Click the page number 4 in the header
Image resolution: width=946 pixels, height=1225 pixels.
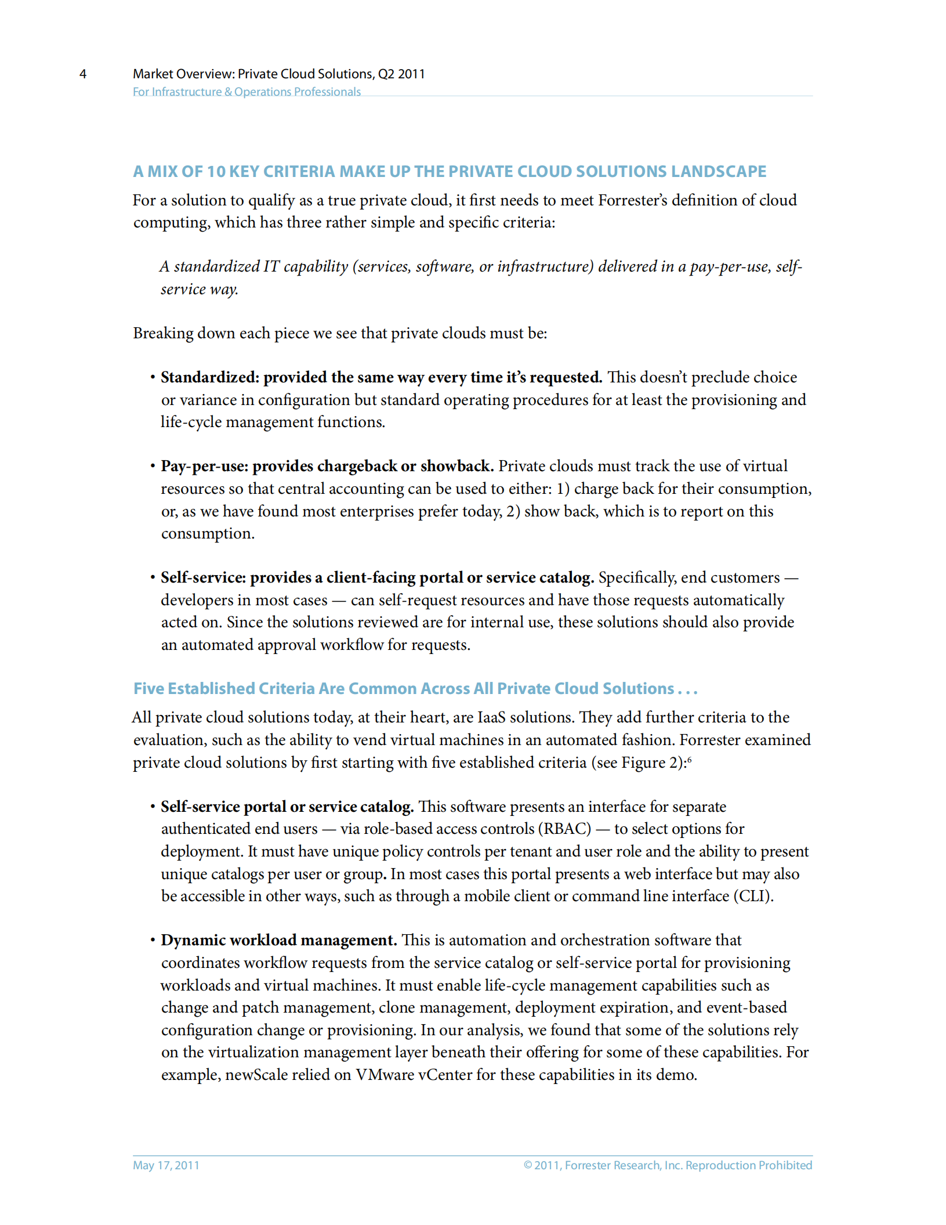pyautogui.click(x=83, y=74)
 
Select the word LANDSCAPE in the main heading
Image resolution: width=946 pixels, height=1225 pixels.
pyautogui.click(x=718, y=172)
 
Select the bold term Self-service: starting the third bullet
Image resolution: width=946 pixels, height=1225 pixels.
pyautogui.click(x=204, y=578)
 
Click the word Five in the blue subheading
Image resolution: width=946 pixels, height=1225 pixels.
pyautogui.click(x=149, y=689)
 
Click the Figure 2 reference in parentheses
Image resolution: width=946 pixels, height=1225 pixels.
pyautogui.click(x=651, y=763)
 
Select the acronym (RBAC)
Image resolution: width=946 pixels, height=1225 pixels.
pyautogui.click(x=565, y=829)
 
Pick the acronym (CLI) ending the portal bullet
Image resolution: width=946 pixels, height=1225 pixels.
pyautogui.click(x=752, y=897)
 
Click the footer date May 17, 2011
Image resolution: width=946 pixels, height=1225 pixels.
pyautogui.click(x=166, y=1165)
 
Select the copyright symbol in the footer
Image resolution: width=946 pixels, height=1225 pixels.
pyautogui.click(x=528, y=1165)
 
